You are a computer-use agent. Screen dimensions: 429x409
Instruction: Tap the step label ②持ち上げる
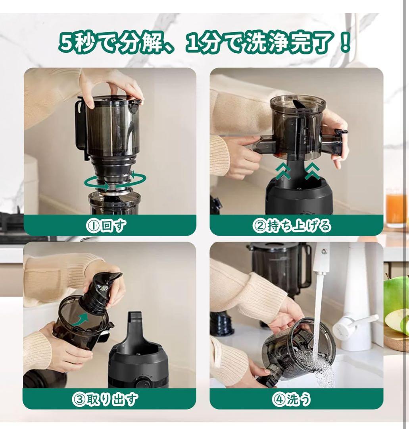[292, 226]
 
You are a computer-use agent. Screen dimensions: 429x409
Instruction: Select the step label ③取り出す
[105, 399]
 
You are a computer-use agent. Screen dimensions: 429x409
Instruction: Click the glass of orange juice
[396, 209]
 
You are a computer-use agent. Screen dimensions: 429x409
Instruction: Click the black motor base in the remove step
[138, 357]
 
